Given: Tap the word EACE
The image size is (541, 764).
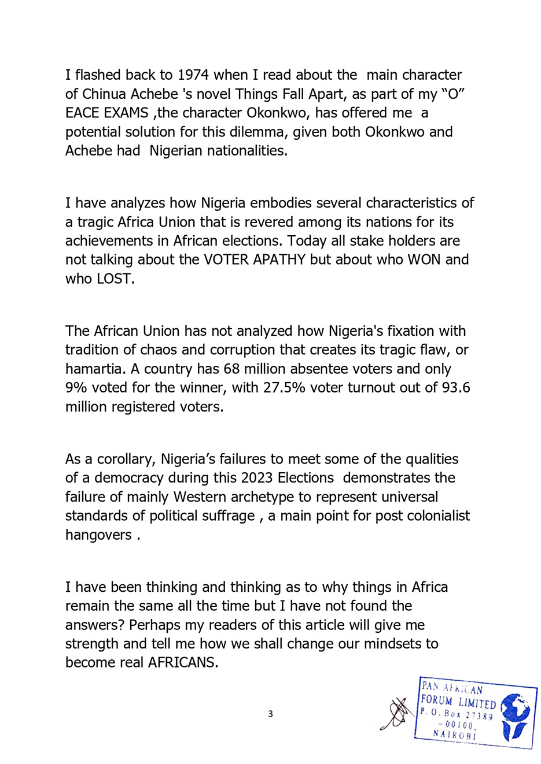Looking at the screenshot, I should click(84, 113).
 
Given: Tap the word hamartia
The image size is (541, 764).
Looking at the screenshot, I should click(92, 369).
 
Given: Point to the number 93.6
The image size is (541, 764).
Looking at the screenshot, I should click(456, 388).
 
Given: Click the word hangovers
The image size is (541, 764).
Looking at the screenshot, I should click(98, 535).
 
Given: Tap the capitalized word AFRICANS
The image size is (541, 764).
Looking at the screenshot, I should click(183, 662).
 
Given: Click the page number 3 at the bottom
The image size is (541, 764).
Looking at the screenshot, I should click(270, 714).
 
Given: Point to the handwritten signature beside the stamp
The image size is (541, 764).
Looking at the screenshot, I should click(396, 715).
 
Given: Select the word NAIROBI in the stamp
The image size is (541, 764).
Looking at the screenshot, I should click(455, 735).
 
